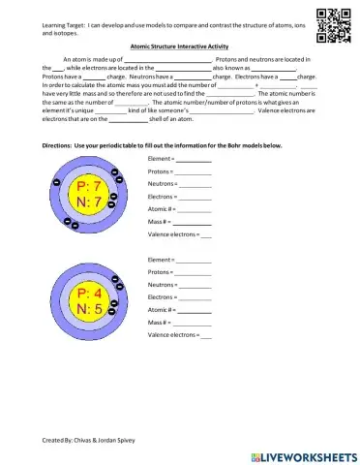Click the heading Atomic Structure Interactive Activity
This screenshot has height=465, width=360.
179,46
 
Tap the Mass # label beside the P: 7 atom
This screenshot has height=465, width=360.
159,221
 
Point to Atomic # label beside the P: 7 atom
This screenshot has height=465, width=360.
161,208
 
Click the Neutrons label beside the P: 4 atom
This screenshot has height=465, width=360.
161,285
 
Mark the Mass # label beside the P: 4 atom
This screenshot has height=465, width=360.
159,321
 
